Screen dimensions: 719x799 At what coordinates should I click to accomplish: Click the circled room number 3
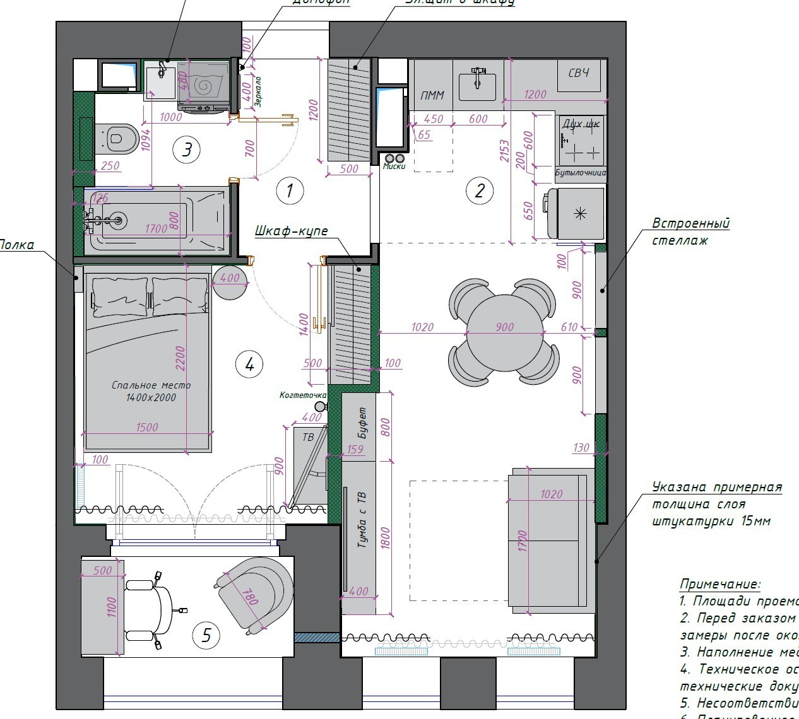[187, 150]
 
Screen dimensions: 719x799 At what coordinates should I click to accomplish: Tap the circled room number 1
[290, 190]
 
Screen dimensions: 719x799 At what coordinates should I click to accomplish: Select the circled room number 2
[479, 190]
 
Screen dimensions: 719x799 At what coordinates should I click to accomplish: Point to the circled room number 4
[249, 364]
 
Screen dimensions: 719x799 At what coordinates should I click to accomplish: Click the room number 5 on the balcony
[206, 635]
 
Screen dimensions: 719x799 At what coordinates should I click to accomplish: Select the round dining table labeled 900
[505, 333]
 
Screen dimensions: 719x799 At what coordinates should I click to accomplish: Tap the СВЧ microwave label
[579, 73]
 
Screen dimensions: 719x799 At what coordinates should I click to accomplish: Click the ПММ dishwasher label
[432, 96]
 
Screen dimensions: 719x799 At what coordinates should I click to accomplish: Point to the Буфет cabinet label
[362, 423]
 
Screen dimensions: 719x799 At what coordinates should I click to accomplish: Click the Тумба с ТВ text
[362, 519]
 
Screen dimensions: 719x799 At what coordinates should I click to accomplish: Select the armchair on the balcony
[255, 593]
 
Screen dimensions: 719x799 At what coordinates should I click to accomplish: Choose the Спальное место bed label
[151, 390]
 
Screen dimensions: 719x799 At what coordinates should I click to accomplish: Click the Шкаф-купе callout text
[292, 231]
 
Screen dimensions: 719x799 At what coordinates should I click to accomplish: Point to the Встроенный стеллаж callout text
[690, 231]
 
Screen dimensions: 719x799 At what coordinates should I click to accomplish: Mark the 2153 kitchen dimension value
[504, 150]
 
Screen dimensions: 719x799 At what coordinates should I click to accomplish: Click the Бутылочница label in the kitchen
[581, 172]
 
